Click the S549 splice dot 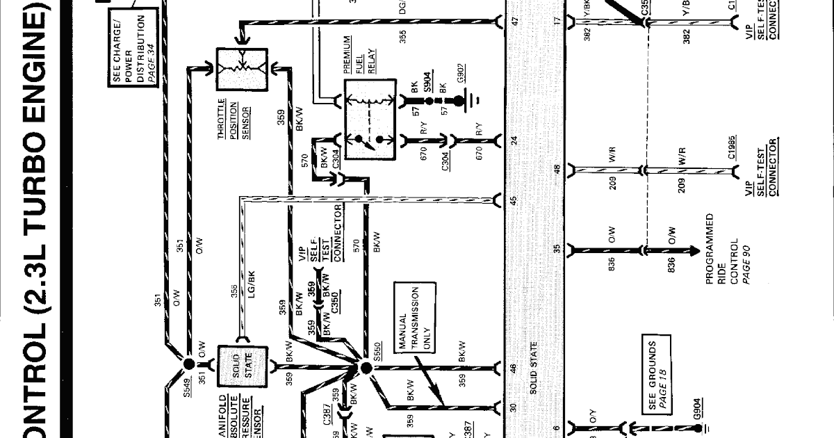(x=188, y=363)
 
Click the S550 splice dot (x=366, y=366)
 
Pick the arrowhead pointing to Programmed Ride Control (x=696, y=251)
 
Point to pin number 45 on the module (x=515, y=202)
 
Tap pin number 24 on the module (x=515, y=140)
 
